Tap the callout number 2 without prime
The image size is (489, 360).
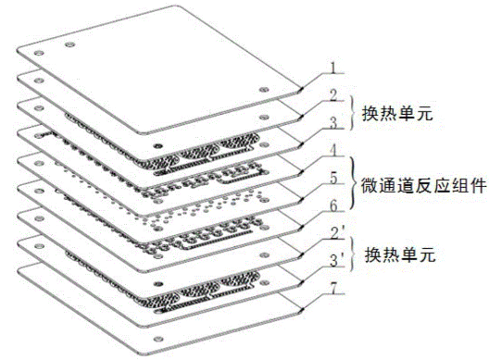pyautogui.click(x=332, y=94)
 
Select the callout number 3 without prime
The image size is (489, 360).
pyautogui.click(x=332, y=121)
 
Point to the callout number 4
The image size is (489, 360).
pyautogui.click(x=332, y=148)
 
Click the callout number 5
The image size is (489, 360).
pyautogui.click(x=332, y=175)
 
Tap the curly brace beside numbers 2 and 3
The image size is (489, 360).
pyautogui.click(x=353, y=107)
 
